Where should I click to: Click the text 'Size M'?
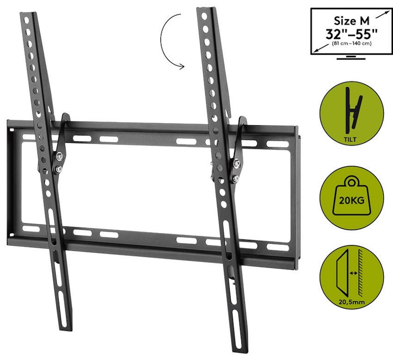point(352,21)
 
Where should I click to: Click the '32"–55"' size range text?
point(351,34)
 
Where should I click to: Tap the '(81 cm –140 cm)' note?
point(351,43)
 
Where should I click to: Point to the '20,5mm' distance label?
point(351,302)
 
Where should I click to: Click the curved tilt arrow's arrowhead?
point(181,67)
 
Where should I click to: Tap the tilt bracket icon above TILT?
point(354,110)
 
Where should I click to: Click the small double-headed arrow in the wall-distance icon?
point(353,273)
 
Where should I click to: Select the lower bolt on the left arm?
point(58,169)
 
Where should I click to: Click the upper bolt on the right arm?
point(237,164)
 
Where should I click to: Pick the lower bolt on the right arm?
point(236,178)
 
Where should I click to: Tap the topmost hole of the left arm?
point(26,20)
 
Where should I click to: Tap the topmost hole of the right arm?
point(204,16)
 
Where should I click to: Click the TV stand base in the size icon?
point(351,59)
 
